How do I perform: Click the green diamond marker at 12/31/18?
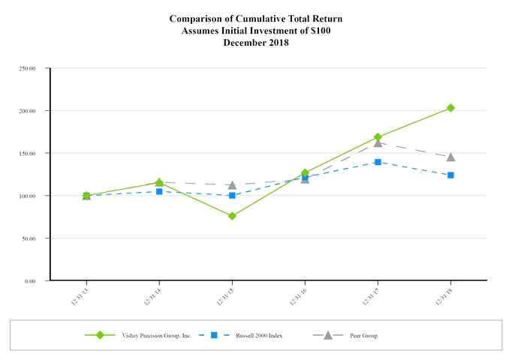[x=450, y=108]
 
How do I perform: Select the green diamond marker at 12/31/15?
[x=232, y=216]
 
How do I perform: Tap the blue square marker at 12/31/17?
[x=378, y=162]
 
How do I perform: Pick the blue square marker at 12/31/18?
[x=450, y=175]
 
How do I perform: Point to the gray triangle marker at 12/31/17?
[x=378, y=142]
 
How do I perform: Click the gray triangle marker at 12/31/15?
[x=232, y=184]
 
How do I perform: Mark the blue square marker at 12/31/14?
[x=159, y=191]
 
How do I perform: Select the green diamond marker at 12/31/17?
[x=378, y=137]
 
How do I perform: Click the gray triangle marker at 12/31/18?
[x=450, y=157]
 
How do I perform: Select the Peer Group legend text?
[x=363, y=335]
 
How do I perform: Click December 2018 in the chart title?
[x=255, y=43]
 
